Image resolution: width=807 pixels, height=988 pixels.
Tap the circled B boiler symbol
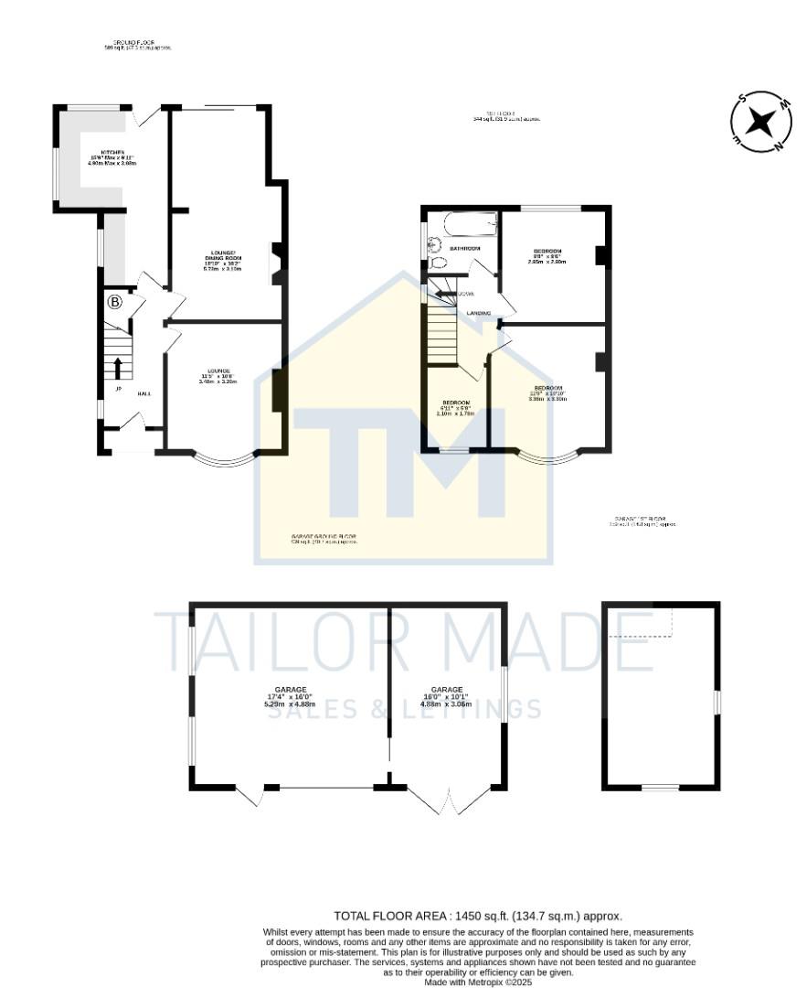(x=115, y=302)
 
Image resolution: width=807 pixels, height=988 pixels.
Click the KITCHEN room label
(x=100, y=152)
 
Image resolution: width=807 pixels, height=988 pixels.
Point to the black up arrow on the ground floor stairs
(x=118, y=367)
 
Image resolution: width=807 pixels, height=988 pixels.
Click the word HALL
(x=143, y=393)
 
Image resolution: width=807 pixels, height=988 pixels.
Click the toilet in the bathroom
(x=437, y=264)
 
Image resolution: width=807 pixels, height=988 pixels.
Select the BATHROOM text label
(x=464, y=249)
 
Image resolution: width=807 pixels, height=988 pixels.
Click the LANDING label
(x=479, y=314)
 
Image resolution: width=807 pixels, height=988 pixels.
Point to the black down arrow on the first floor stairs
(x=444, y=294)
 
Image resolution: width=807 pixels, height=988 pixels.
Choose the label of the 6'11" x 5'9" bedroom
(x=456, y=403)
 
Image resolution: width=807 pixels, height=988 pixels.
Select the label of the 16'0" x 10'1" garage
(x=447, y=690)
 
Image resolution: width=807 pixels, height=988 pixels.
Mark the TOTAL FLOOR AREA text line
(x=478, y=916)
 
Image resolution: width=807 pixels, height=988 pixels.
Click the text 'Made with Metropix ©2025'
(x=478, y=983)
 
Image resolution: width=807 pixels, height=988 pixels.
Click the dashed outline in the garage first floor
(x=640, y=622)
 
